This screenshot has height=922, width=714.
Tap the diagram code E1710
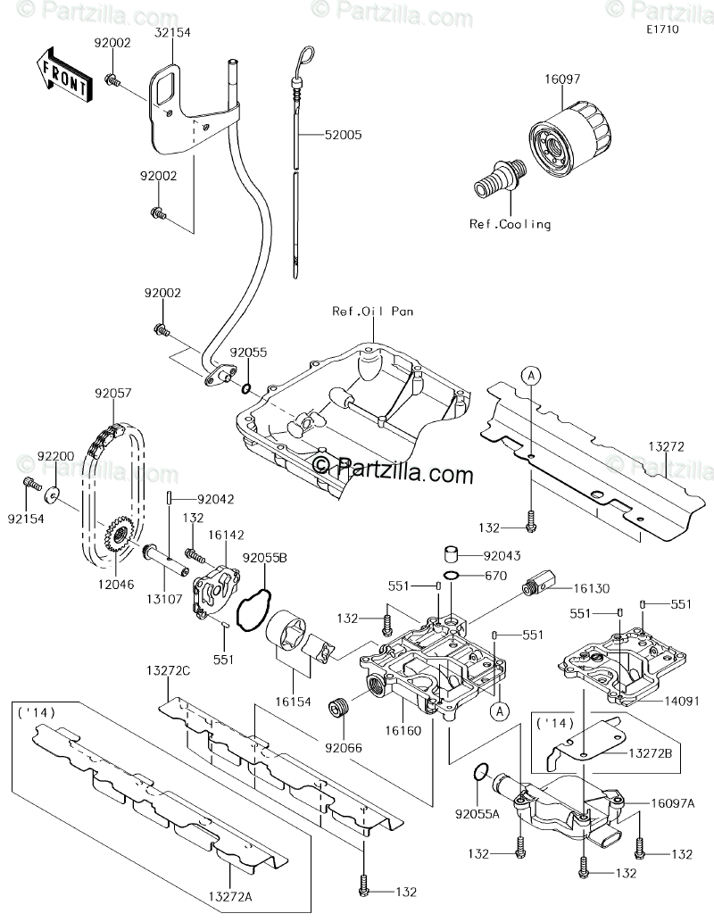pyautogui.click(x=664, y=29)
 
